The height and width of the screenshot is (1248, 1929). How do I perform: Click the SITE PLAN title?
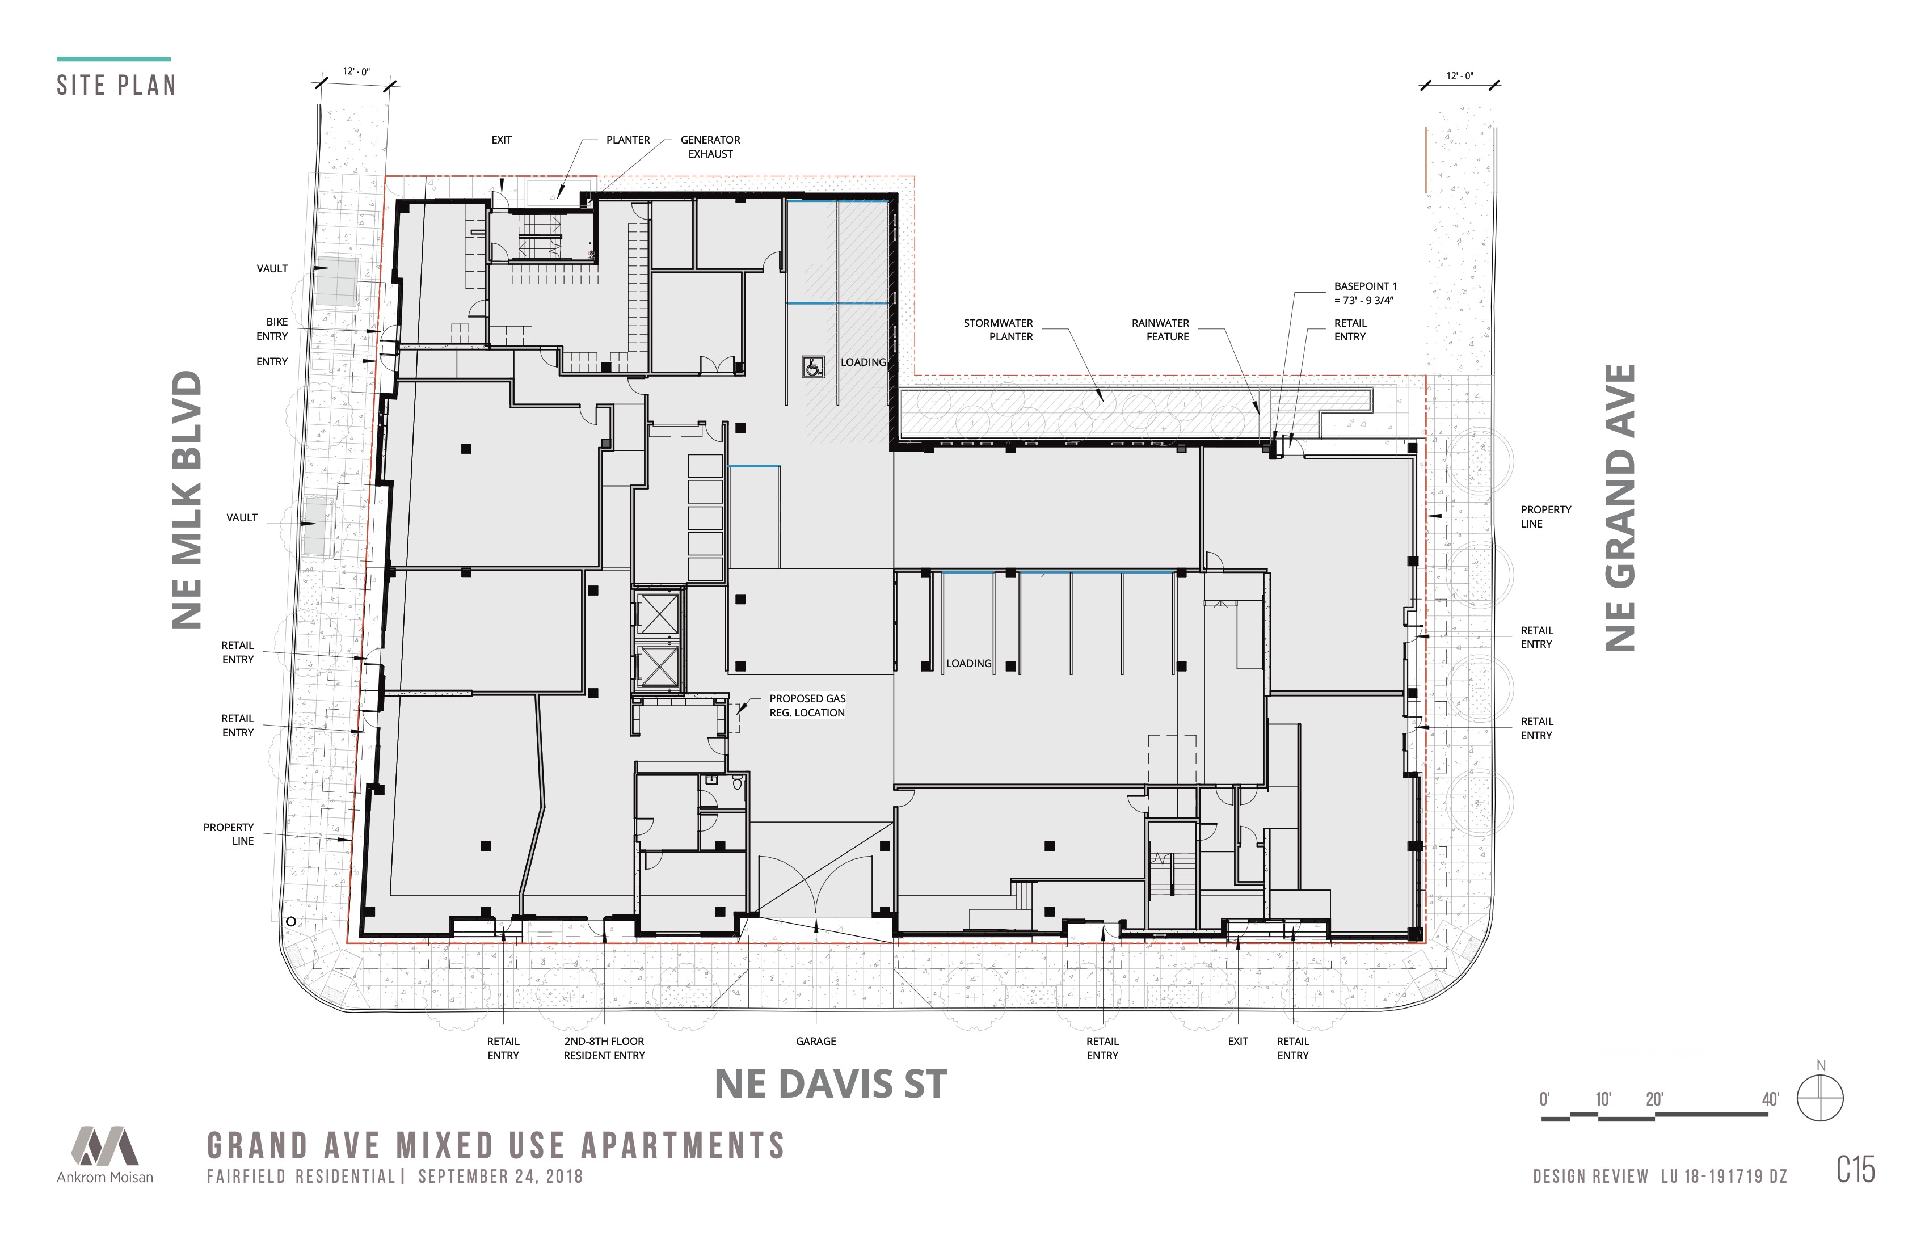tap(116, 85)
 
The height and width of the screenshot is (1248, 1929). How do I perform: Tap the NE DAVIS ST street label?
tap(831, 1084)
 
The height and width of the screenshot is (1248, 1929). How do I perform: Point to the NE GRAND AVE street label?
tap(1620, 508)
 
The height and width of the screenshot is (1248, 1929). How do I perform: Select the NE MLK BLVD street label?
tap(187, 499)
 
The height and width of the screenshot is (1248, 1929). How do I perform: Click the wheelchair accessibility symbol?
tap(813, 366)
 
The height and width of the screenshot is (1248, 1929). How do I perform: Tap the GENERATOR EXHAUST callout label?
tap(710, 147)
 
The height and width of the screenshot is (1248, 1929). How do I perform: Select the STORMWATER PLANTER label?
tap(999, 330)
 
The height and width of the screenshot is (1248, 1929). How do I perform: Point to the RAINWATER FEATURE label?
tap(1161, 330)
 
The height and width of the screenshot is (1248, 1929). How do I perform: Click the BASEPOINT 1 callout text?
tap(1366, 293)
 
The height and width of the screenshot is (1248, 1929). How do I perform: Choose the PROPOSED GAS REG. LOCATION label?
tap(807, 706)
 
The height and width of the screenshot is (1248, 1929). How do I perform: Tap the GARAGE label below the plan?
tap(815, 1042)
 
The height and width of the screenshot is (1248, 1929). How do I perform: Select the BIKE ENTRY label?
tap(272, 329)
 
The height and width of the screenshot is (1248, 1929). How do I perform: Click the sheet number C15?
tap(1855, 1169)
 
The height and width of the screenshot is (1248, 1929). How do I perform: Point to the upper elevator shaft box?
tap(658, 613)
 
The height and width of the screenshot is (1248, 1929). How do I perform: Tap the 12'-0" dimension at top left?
tap(356, 72)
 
